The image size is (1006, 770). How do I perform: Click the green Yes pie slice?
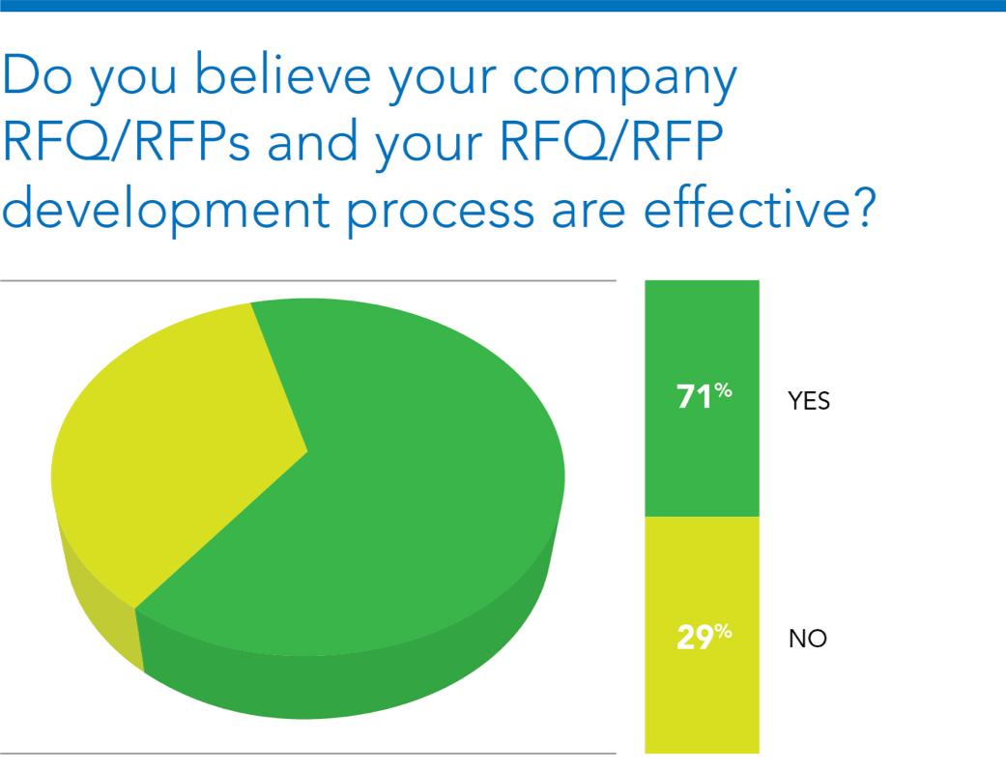click(385, 488)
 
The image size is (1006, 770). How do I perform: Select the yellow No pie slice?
click(173, 449)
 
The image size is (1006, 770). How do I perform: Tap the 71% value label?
click(704, 396)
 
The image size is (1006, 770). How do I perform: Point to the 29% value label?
click(704, 637)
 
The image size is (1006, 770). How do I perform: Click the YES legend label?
click(809, 401)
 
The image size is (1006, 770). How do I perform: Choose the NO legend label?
click(808, 639)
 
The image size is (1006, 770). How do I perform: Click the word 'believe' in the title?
click(283, 73)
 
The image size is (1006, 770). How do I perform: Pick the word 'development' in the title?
click(166, 209)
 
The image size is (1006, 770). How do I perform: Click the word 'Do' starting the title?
click(38, 73)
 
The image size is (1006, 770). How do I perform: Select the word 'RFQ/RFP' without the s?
click(612, 140)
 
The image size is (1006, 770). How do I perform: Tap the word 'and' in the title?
click(312, 140)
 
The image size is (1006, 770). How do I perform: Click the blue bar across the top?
click(503, 6)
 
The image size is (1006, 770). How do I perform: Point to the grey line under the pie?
click(308, 754)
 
